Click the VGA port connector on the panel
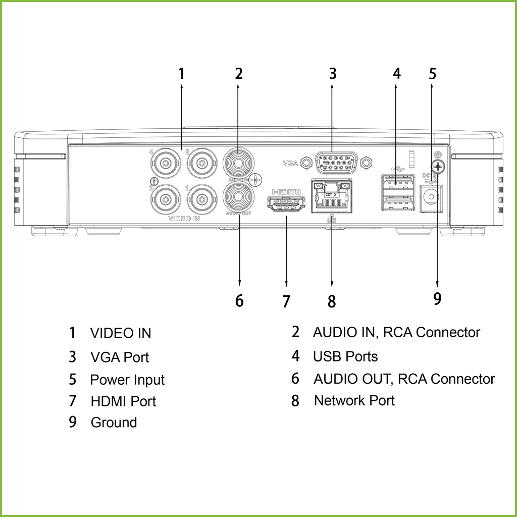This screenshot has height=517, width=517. pos(336,163)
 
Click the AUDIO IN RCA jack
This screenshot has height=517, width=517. pos(238,163)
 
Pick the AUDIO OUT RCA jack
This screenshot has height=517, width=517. pos(238,197)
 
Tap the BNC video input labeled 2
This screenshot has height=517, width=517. pos(202,163)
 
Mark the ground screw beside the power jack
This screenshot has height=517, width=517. pos(437,166)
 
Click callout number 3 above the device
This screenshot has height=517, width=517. pos(332,74)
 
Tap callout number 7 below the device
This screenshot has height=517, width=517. pos(286,301)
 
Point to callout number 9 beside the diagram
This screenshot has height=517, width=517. pos(437,298)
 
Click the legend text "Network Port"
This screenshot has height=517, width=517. pos(354,400)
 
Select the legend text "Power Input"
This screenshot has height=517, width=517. pos(127,380)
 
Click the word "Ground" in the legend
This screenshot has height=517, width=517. pos(114,422)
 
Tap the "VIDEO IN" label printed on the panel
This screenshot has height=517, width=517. pos(184,219)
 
